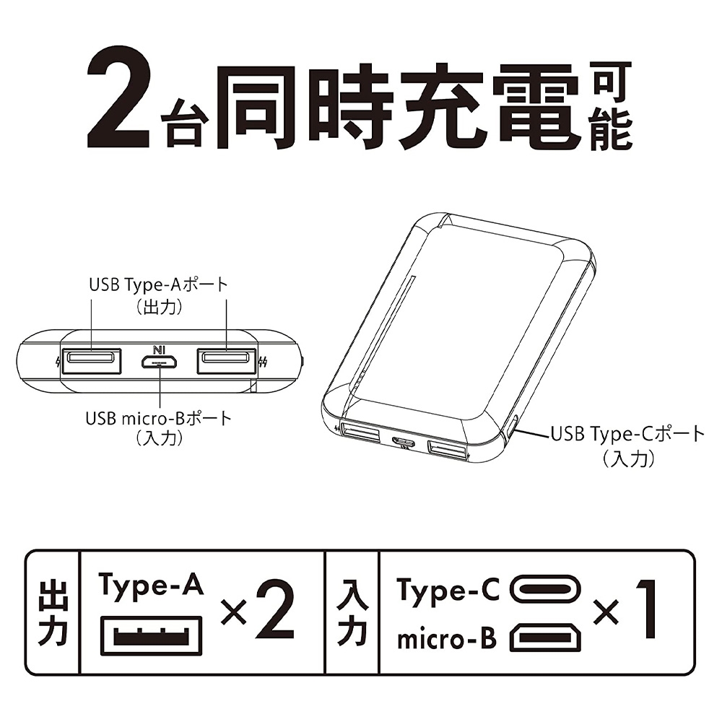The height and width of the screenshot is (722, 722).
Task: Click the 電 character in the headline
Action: (536, 107)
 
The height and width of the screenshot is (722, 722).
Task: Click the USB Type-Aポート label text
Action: (158, 284)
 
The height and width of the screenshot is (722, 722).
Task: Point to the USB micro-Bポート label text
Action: (158, 419)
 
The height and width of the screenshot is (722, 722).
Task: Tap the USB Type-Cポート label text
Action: (628, 434)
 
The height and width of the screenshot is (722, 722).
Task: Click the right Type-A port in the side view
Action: (227, 360)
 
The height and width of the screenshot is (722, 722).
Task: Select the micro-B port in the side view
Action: (160, 362)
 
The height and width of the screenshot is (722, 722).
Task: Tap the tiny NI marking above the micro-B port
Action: (159, 350)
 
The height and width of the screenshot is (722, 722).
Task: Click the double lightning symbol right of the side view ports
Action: (263, 362)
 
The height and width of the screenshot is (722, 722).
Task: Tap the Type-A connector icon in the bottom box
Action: (151, 635)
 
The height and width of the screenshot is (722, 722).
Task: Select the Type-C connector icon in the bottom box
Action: (545, 589)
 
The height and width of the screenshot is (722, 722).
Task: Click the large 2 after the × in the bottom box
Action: (274, 609)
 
